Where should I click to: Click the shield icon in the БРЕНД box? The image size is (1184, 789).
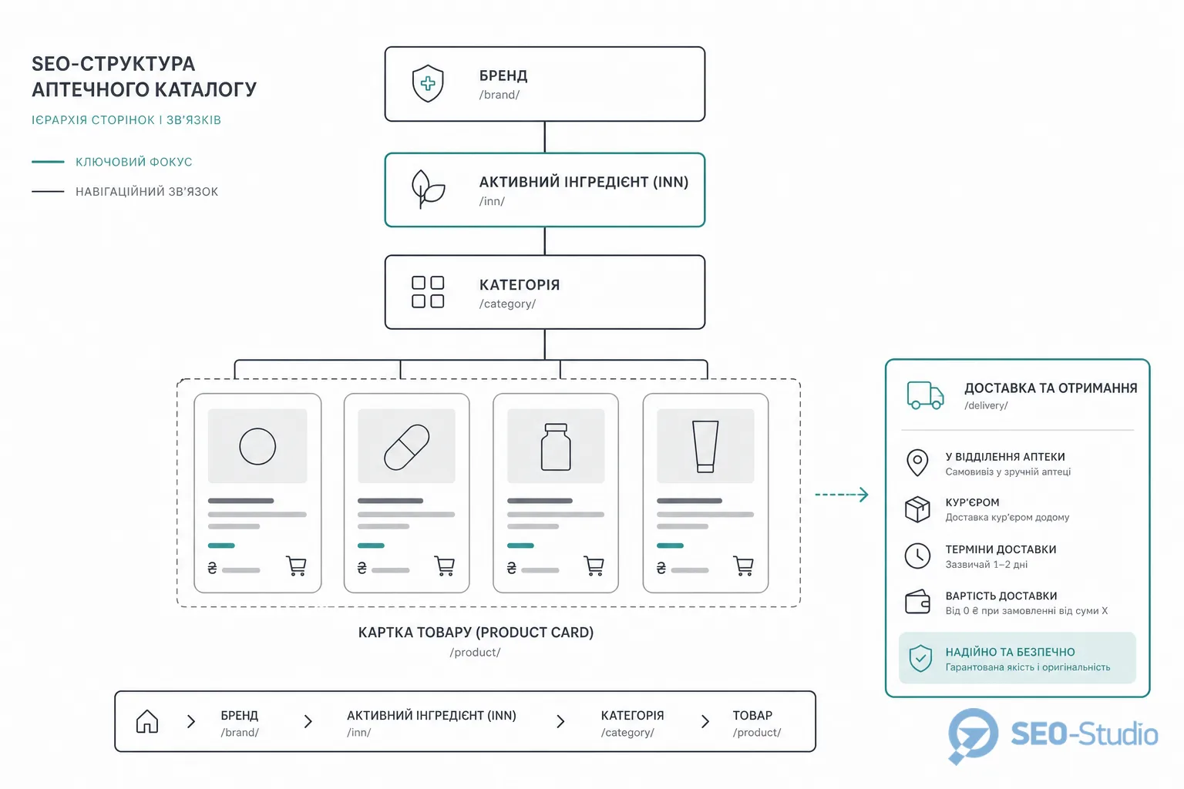point(428,83)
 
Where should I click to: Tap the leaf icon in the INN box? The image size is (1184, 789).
point(428,190)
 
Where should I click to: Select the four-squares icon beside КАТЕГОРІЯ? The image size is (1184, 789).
point(428,292)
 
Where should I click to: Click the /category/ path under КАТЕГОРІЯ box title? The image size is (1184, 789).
point(507,304)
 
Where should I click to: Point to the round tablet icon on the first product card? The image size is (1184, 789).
point(257,446)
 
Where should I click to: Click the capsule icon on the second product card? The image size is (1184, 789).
point(406,447)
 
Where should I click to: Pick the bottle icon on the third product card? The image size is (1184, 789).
point(556,447)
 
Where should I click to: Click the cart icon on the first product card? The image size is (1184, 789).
point(296,566)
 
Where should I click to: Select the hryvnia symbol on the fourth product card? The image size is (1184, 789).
point(661,568)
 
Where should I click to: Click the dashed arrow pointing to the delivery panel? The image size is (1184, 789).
point(842,495)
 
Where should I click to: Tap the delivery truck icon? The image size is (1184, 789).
point(925,395)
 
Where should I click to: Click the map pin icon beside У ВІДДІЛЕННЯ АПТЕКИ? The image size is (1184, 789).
point(917,463)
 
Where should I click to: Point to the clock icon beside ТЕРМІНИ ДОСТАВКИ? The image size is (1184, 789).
point(917,556)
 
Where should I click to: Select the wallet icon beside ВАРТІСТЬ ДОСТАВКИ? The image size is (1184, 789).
point(917,602)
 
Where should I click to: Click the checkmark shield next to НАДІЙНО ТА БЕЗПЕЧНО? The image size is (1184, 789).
point(920,659)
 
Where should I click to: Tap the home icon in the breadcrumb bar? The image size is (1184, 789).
point(147,721)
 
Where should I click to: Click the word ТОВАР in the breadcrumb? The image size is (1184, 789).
point(752,715)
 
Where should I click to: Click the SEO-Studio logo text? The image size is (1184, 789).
point(1084,734)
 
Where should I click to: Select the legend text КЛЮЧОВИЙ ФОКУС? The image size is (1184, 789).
point(133,162)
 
